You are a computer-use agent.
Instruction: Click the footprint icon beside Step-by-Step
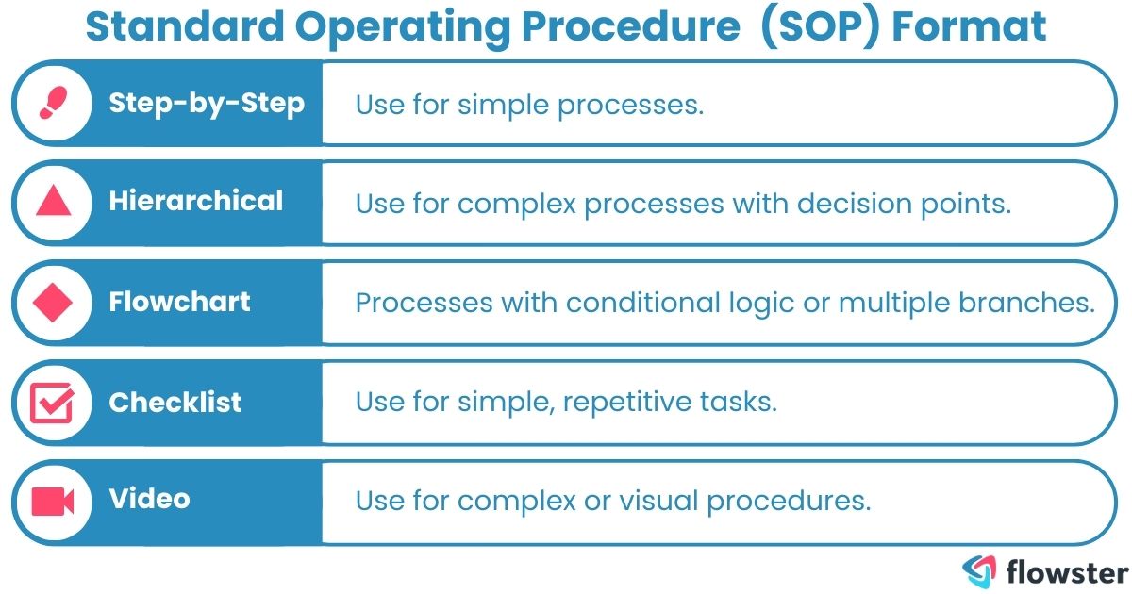52,103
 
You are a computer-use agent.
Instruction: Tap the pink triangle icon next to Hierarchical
52,202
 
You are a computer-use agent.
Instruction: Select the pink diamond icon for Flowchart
52,303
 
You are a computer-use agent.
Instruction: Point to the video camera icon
52,501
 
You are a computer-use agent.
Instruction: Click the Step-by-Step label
207,103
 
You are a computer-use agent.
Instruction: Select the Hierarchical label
196,201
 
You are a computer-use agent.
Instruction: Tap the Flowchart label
179,302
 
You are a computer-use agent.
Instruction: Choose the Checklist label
175,403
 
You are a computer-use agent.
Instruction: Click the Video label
149,499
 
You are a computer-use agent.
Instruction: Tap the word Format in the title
969,27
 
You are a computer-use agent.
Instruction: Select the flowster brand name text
1066,571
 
